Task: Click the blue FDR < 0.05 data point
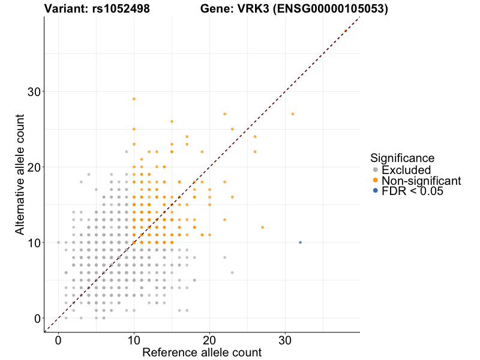(300, 242)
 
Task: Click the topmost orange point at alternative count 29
(134, 98)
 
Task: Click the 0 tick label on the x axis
(58, 340)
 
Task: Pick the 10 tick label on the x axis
(134, 340)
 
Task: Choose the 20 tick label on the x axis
(209, 340)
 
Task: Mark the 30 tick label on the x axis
(285, 340)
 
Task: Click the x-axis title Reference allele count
(202, 352)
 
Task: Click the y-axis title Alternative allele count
(20, 174)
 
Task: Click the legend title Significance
(402, 158)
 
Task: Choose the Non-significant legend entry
(421, 180)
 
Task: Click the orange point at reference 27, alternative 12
(262, 227)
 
